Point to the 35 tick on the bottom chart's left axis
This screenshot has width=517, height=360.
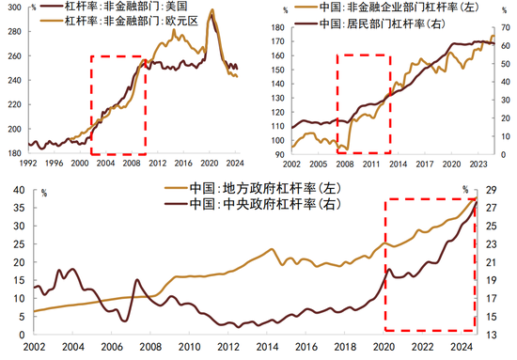click(x=16, y=191)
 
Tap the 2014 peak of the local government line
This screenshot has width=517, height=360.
click(x=271, y=249)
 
